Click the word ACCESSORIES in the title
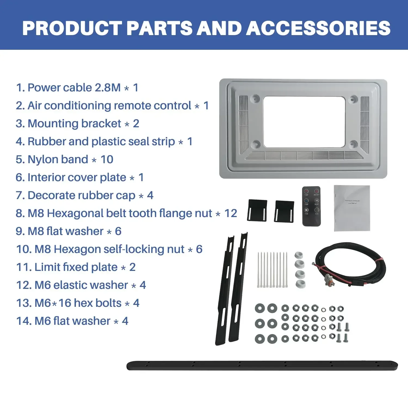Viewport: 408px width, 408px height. pos(318,28)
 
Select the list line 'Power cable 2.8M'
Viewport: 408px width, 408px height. pos(77,88)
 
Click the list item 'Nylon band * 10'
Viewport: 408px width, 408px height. pos(64,159)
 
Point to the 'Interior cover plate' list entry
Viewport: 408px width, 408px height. pos(79,177)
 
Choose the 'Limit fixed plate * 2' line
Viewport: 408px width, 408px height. pos(76,267)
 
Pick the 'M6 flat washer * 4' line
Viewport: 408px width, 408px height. pos(72,321)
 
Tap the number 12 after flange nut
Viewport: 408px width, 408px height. pos(231,213)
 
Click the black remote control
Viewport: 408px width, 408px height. pos(311,206)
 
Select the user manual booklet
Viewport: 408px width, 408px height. pos(352,208)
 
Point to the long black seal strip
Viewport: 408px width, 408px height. pos(262,365)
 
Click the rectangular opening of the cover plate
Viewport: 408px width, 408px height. pos(304,122)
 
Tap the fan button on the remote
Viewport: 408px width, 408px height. pos(307,210)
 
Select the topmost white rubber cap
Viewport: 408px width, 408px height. pos(299,255)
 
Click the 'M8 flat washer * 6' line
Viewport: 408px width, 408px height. pos(69,231)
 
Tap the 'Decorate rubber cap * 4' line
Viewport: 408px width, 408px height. pos(84,195)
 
